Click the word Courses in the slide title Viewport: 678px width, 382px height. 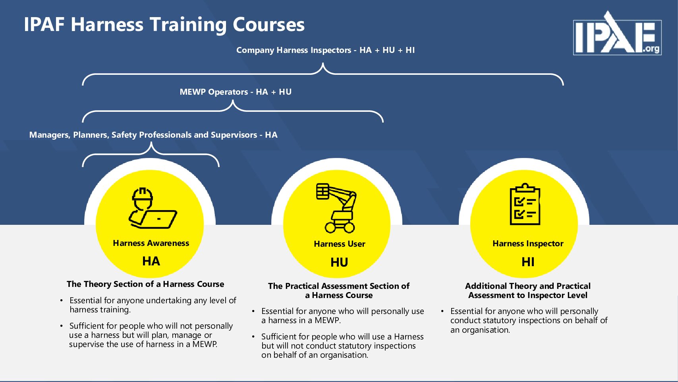268,25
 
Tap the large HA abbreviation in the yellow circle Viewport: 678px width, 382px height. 151,261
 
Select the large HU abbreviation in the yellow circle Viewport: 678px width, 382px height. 339,262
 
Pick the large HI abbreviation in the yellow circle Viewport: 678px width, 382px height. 528,262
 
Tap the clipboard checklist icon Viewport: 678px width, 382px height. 525,205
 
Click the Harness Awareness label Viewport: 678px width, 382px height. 151,243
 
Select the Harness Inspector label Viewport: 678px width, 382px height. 528,244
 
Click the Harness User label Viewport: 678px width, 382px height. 339,244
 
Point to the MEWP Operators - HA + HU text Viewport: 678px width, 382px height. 236,92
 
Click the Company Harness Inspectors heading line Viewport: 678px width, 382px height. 325,50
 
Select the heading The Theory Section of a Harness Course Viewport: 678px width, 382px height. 145,284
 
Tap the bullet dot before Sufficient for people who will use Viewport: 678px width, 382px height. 253,337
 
